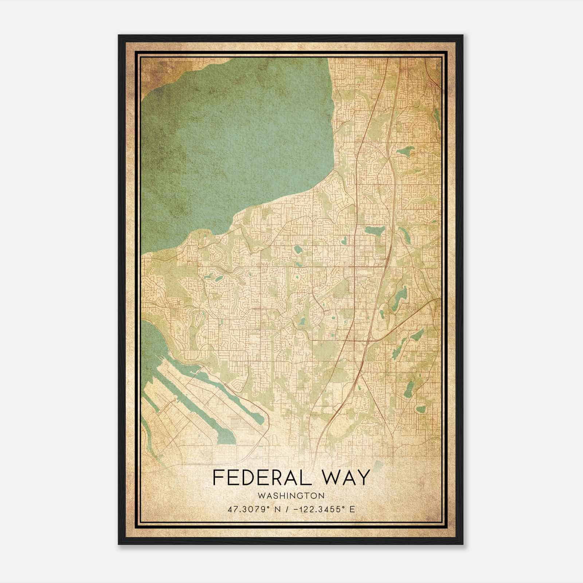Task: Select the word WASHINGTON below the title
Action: [291, 496]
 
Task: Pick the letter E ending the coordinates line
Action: [352, 509]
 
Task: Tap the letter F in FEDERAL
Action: [218, 478]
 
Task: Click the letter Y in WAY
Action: [364, 478]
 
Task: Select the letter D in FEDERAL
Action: [247, 478]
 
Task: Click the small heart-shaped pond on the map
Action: [343, 241]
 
